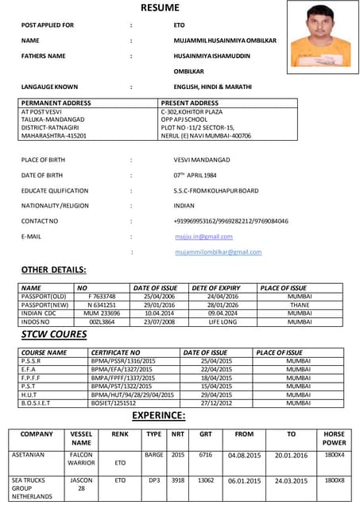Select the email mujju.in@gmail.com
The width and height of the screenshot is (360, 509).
tap(203, 237)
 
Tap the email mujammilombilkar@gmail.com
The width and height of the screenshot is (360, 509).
tap(218, 251)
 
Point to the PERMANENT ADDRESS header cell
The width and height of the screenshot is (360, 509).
tap(56, 103)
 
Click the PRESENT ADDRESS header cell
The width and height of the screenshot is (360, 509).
tap(189, 103)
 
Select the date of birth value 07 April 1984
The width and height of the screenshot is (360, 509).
tap(195, 175)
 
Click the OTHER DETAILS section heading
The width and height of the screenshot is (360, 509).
tap(53, 270)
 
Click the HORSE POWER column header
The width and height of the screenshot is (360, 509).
tap(335, 437)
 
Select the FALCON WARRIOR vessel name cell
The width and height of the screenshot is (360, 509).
tap(81, 458)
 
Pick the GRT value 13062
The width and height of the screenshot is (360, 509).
tap(206, 480)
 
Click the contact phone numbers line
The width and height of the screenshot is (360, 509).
tap(230, 220)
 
